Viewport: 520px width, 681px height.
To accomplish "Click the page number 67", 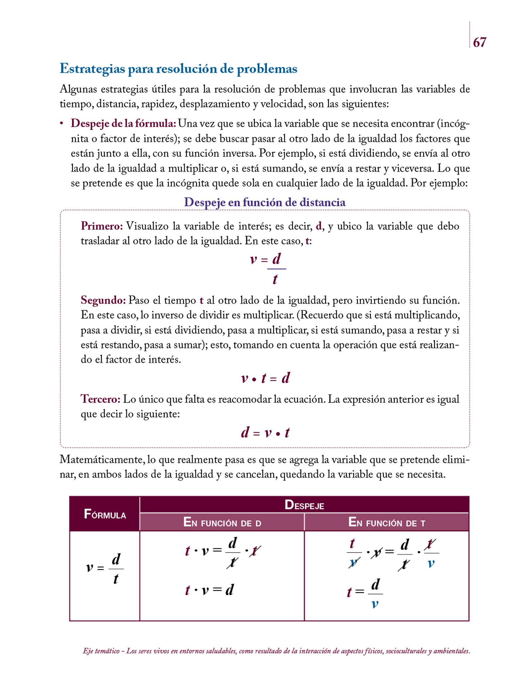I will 479,42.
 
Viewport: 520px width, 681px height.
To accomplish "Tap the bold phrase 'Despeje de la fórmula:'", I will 123,123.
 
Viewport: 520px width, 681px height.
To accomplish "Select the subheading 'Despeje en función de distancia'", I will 265,202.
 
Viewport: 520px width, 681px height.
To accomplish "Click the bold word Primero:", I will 102,226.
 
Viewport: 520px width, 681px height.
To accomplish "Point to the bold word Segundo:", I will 103,300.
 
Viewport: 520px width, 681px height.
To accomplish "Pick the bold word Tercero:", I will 100,399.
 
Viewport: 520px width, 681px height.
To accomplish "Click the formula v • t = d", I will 265,378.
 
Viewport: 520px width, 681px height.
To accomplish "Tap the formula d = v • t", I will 265,433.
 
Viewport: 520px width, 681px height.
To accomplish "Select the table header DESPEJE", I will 304,505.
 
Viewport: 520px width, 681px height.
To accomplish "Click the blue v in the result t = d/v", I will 375,604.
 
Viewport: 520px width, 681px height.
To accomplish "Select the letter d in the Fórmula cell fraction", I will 116,559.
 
